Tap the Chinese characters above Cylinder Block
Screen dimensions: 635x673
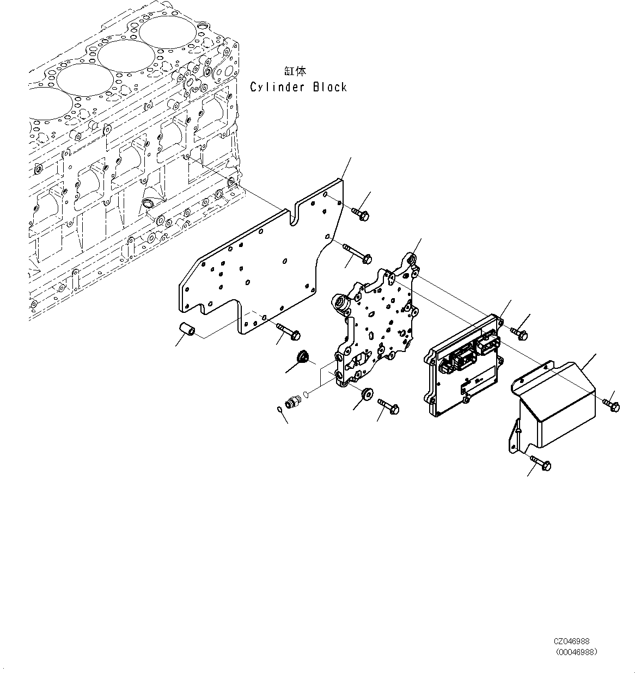[295, 71]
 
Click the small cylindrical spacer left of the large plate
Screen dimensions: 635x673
[187, 329]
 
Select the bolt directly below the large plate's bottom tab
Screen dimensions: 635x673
[289, 332]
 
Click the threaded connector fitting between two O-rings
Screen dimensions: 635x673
[291, 402]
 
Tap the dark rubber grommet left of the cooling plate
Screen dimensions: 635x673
[301, 357]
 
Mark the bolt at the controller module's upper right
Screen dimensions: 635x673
[519, 333]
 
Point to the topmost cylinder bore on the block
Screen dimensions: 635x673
[168, 33]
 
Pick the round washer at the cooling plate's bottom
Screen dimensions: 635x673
[367, 393]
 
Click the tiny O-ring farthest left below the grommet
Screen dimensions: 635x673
[279, 410]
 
